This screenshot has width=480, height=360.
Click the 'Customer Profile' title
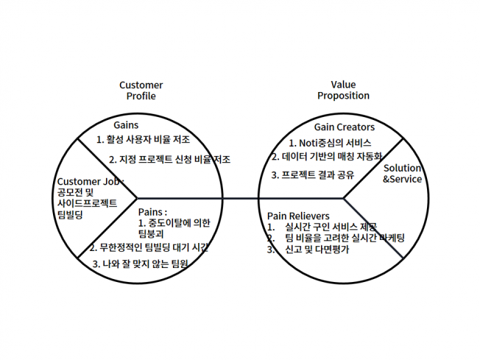point(141,91)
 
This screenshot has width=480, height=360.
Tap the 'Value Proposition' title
point(343,90)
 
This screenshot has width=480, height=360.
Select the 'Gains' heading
point(126,125)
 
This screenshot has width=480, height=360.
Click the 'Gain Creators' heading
point(345,127)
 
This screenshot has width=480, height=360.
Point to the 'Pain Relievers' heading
point(298,216)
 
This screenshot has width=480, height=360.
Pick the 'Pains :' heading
point(152,212)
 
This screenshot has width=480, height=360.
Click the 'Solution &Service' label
point(402,174)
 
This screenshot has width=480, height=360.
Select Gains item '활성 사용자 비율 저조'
point(148,140)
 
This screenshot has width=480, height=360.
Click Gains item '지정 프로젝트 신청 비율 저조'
point(174,160)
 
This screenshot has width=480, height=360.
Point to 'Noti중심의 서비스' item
point(335,143)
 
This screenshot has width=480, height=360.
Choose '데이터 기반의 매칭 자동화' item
point(332,157)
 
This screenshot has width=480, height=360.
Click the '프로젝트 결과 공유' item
point(318,175)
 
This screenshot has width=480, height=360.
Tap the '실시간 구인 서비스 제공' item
point(331,227)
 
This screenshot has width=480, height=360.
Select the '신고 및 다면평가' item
point(317,250)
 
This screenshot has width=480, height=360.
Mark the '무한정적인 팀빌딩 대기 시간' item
point(154,247)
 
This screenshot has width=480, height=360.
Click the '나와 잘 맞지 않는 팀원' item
point(145,264)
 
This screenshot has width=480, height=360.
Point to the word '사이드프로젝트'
point(88,203)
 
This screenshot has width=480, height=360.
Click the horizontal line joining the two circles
point(240,198)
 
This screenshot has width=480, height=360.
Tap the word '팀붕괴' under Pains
point(151,234)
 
